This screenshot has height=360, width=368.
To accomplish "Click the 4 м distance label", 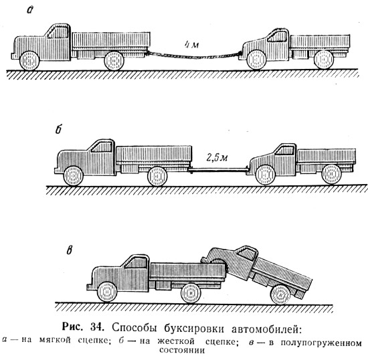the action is click(191, 45).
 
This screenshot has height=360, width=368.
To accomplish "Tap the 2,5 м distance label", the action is click(217, 158).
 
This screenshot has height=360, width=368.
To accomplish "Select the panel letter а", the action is click(30, 10).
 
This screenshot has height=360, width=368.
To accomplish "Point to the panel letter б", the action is click(58, 129).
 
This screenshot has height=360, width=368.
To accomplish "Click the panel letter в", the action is click(69, 251).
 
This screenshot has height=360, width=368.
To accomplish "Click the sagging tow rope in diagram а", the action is click(193, 57).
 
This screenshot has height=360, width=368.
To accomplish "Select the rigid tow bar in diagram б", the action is click(218, 169).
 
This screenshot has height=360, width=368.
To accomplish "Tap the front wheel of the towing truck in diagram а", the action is click(29, 60).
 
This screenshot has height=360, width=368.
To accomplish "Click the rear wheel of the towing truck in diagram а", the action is click(114, 60).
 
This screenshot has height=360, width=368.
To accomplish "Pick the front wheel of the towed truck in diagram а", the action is click(256, 60).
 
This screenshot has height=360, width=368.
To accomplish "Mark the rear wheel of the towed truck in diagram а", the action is click(324, 60).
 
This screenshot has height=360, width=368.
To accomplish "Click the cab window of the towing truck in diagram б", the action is click(102, 147).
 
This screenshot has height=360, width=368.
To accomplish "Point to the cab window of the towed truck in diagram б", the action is click(284, 150).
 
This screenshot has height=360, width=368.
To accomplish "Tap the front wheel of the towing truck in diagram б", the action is click(73, 176).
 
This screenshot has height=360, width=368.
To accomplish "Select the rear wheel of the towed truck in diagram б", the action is click(331, 174).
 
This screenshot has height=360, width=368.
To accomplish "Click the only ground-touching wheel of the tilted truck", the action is click(280, 294).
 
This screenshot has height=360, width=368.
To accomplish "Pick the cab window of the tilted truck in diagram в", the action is click(246, 254).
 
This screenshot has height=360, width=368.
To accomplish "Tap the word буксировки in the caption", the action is click(194, 329).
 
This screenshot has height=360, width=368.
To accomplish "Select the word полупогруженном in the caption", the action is click(321, 343).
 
